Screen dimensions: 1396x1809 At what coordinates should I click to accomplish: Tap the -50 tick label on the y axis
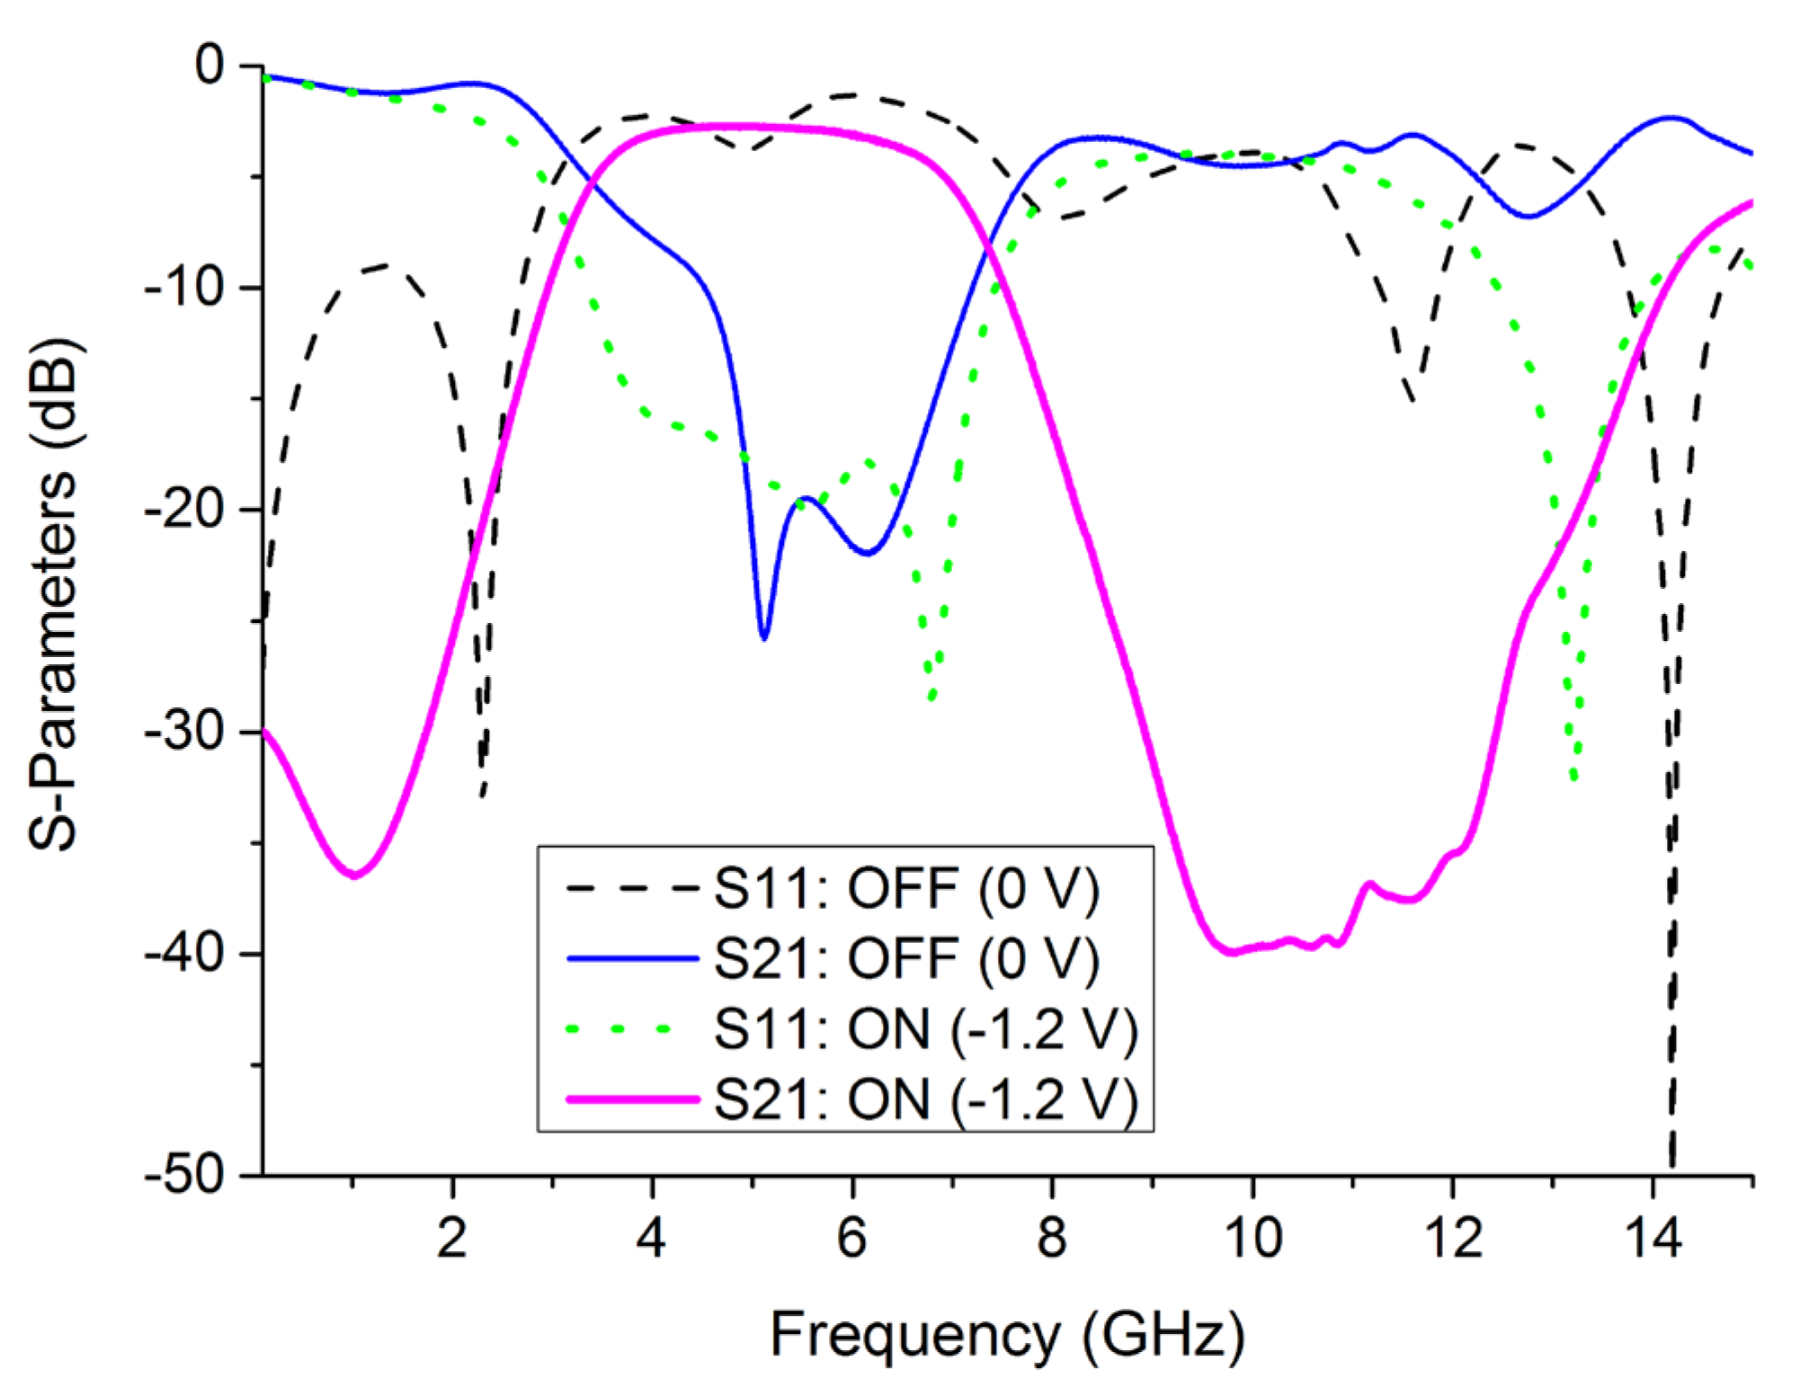[x=184, y=1175]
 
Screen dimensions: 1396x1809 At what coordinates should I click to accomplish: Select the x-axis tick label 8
[x=1051, y=1238]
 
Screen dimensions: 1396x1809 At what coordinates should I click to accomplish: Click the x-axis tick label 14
[x=1653, y=1238]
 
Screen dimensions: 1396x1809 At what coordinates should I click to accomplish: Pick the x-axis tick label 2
[x=452, y=1238]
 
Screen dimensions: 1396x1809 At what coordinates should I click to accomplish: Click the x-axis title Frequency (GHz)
[x=1007, y=1335]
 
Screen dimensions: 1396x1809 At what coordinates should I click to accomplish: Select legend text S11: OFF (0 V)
[x=906, y=889]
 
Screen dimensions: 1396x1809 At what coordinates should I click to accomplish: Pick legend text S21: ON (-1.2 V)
[x=926, y=1098]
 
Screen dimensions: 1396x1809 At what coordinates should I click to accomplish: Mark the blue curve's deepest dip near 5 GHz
[x=763, y=637]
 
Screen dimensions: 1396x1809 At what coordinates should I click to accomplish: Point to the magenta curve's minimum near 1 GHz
[x=355, y=875]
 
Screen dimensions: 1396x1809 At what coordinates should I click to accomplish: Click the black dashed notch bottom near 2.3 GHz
[x=482, y=796]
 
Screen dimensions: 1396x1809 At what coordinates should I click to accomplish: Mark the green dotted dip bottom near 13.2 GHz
[x=1573, y=778]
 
